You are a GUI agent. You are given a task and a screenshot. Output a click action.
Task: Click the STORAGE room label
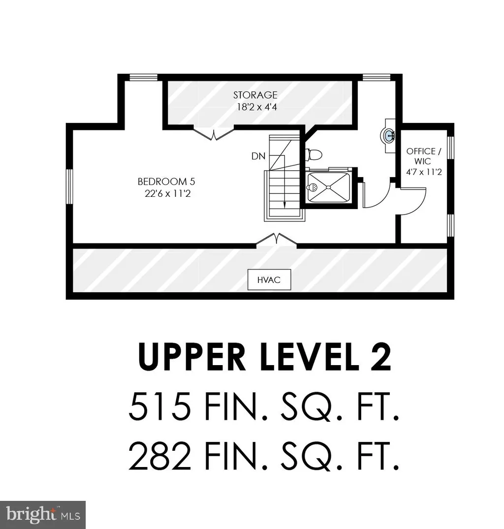(255, 95)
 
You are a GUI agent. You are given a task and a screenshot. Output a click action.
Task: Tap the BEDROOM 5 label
(162, 182)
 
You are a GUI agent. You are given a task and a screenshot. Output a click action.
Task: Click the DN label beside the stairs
(258, 156)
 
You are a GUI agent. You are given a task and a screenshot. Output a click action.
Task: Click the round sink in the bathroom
(388, 135)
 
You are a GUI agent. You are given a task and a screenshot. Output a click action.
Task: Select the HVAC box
(269, 280)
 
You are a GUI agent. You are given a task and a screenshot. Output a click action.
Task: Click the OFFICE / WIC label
(421, 156)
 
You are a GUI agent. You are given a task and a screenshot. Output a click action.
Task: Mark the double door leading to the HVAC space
(277, 239)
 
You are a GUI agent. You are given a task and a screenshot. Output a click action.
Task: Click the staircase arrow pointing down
(284, 202)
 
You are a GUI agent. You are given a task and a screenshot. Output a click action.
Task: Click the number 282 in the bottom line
(159, 457)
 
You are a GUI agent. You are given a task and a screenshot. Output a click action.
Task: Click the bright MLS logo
(43, 514)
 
